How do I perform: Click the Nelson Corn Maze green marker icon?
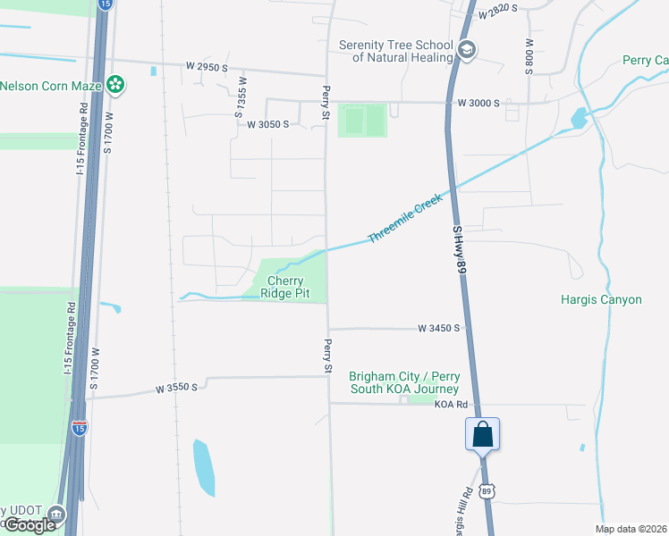114,85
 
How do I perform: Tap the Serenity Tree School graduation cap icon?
466,50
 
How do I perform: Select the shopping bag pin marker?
482,435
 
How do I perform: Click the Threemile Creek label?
405,221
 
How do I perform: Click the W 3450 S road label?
438,329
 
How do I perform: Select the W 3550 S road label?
175,389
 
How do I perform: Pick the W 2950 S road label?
207,66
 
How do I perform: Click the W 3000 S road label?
478,103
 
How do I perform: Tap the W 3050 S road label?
267,124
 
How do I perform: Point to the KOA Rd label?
452,405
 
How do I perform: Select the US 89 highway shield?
486,491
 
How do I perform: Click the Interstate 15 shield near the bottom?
80,428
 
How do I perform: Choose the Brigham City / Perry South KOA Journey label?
403,382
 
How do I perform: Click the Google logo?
30,525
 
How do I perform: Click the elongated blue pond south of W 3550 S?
204,467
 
